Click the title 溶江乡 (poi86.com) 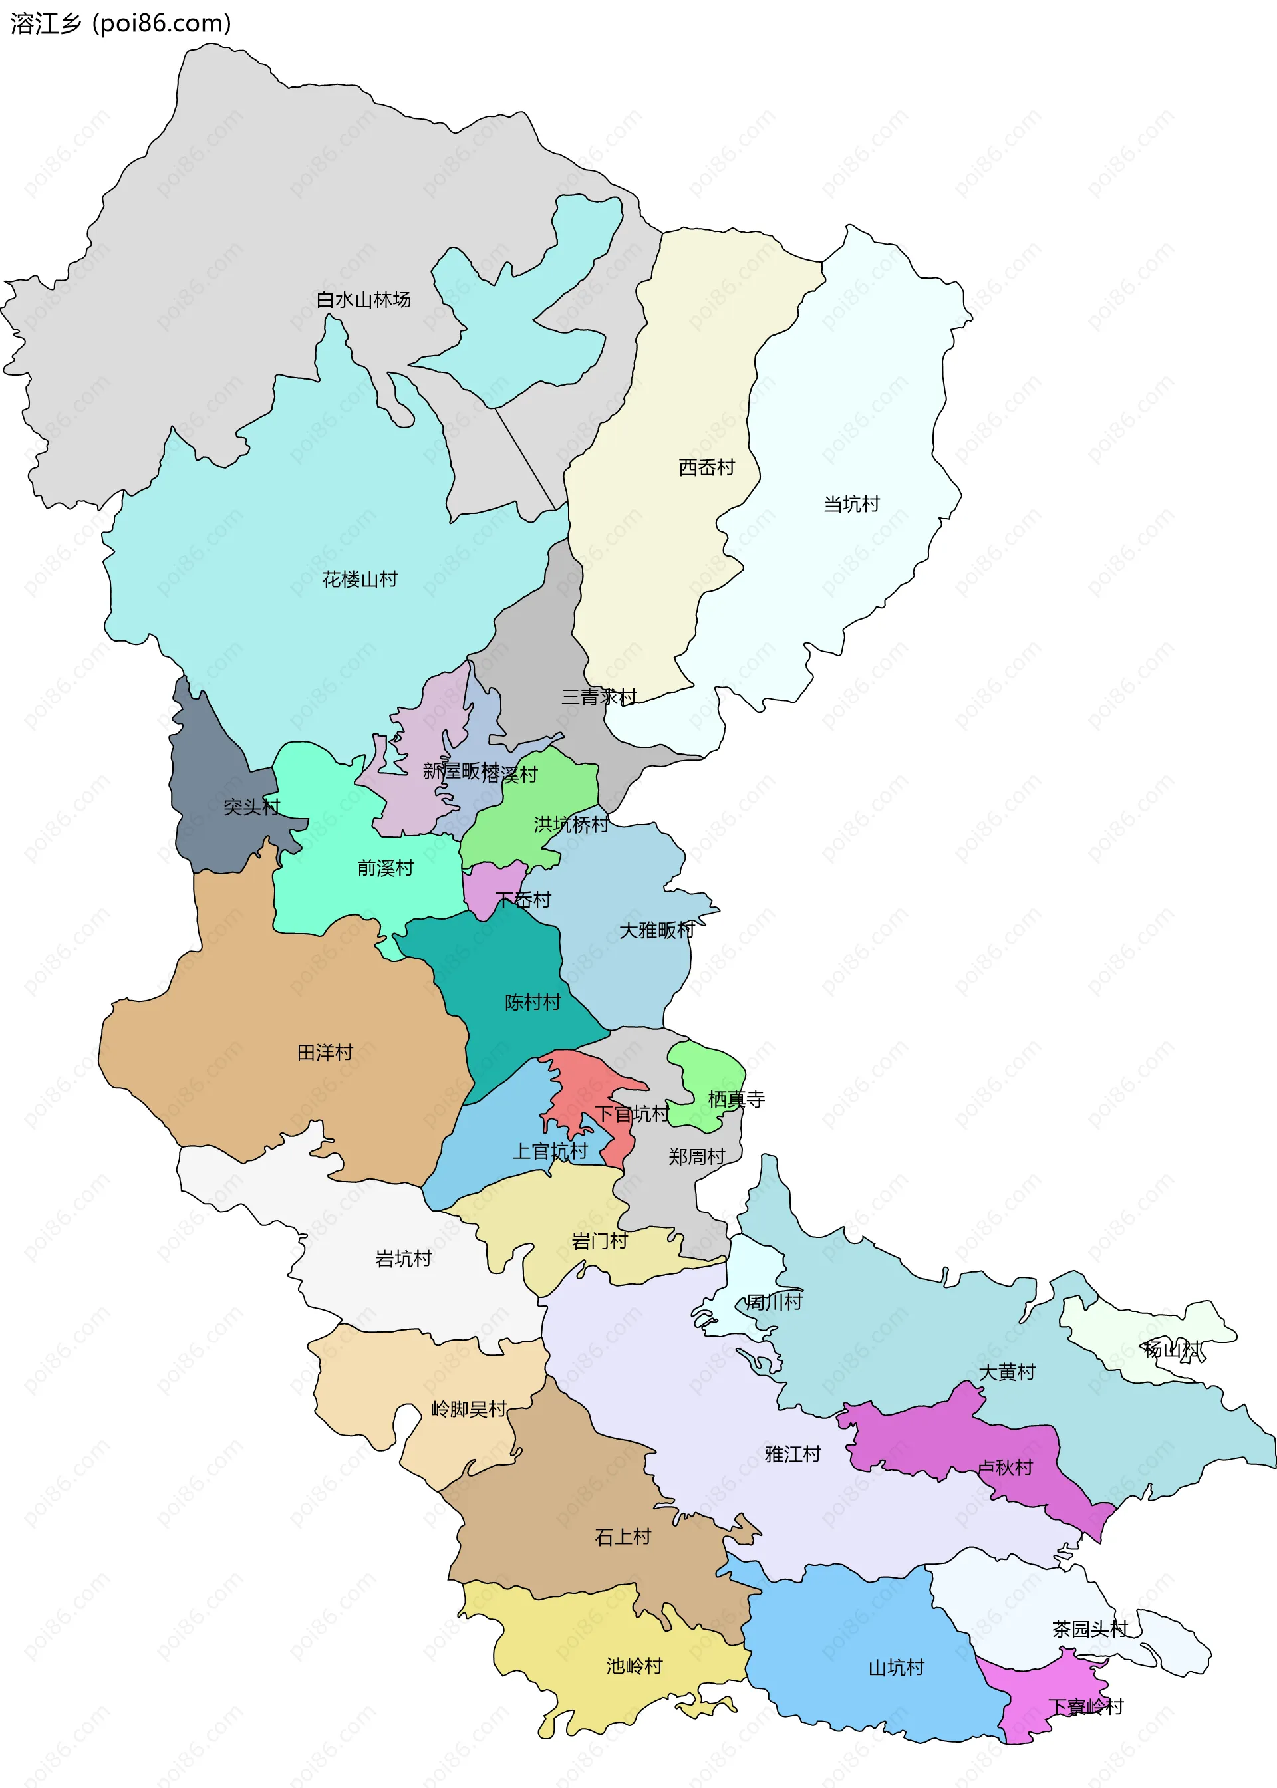pos(120,23)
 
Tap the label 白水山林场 pos(362,299)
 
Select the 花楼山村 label pos(359,579)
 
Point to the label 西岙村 pos(706,467)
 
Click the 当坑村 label pos(851,504)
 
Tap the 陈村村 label pos(532,1002)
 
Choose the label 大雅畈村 pos(656,930)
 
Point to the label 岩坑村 pos(402,1258)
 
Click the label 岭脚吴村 pos(468,1409)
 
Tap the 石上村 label pos(623,1537)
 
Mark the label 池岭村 pos(634,1666)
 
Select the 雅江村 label pos(793,1454)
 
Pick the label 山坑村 pos(896,1667)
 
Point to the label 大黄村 pos(1006,1372)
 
